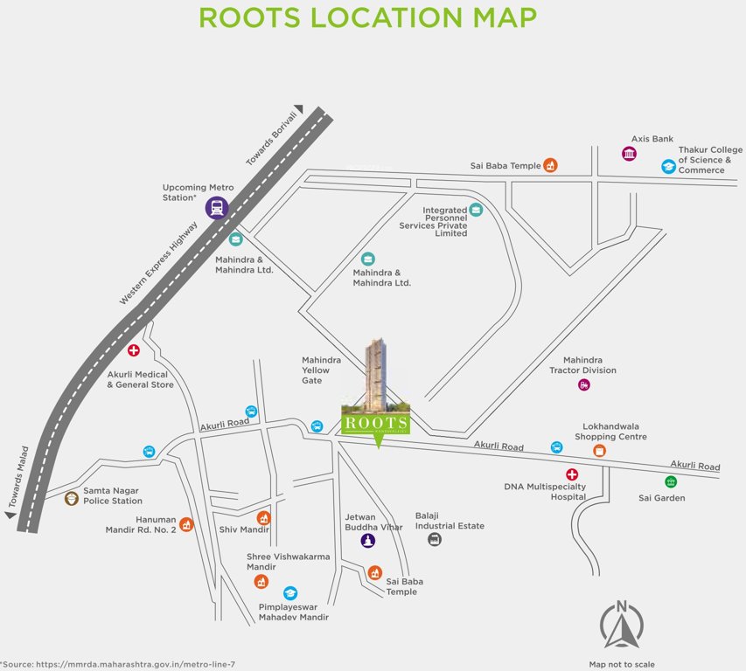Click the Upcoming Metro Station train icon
tap(217, 208)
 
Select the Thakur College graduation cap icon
tap(668, 166)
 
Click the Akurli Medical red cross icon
tap(134, 350)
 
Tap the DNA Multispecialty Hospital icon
tap(572, 474)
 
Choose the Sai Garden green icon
tap(671, 481)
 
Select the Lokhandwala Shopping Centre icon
tap(599, 450)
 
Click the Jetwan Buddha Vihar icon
tap(368, 540)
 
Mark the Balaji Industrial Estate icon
tap(435, 539)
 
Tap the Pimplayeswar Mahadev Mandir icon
tap(290, 593)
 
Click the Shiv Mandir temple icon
tap(263, 517)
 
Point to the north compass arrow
tap(621, 626)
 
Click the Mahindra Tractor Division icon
tap(584, 384)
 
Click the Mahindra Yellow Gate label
tap(316, 370)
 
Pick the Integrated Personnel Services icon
tap(475, 209)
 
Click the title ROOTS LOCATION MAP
tap(366, 18)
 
